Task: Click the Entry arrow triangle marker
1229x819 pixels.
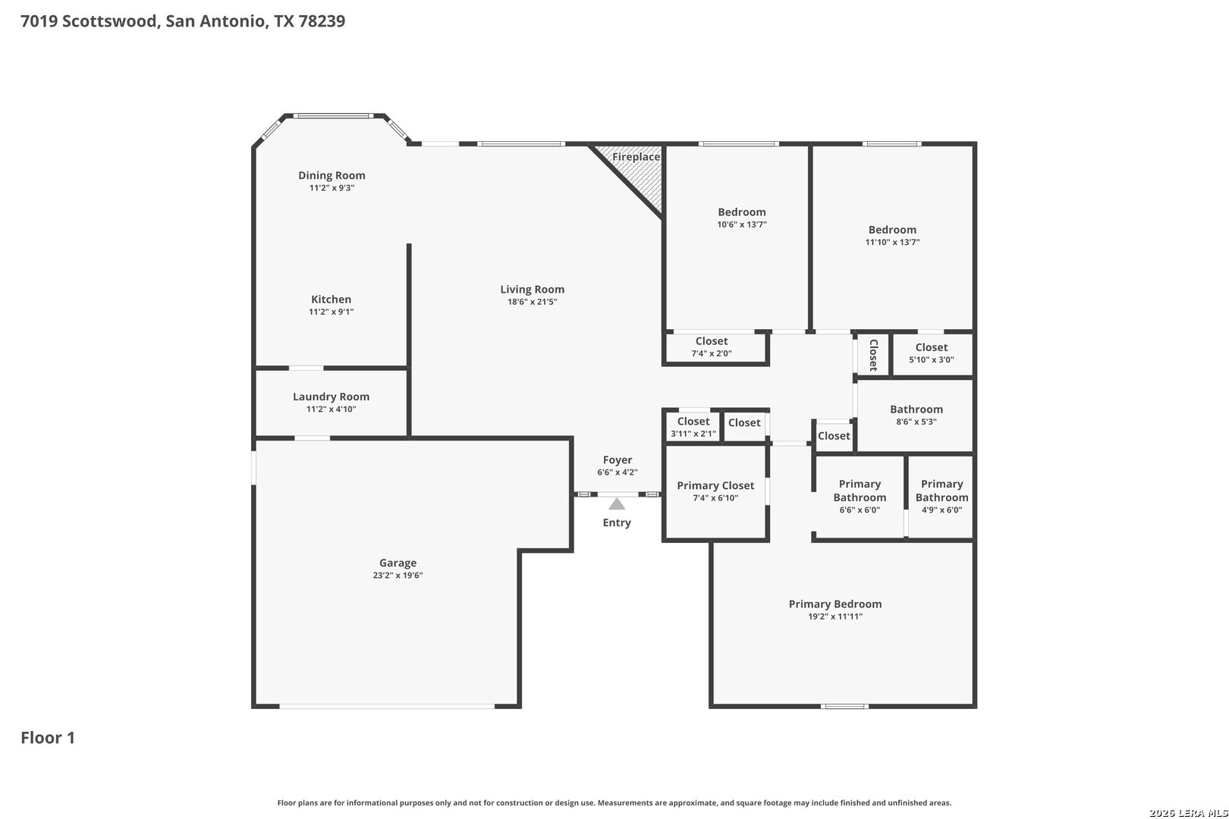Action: point(617,504)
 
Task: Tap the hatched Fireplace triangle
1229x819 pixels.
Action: point(640,170)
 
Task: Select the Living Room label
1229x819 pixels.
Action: point(533,289)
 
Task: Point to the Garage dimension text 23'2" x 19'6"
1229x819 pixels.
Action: point(398,576)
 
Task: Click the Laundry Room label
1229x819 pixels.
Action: point(331,397)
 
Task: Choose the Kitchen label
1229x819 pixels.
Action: point(331,300)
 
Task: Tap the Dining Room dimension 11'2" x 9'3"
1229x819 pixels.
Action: point(332,188)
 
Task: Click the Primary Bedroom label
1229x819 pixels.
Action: point(835,604)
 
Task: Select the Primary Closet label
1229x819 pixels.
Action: point(715,485)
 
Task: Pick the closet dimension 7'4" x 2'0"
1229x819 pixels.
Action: point(712,354)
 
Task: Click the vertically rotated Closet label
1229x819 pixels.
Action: point(873,355)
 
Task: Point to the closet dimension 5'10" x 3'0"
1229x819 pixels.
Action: point(932,360)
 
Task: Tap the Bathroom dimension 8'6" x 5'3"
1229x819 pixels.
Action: point(916,422)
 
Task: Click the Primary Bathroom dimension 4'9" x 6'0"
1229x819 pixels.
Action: point(942,510)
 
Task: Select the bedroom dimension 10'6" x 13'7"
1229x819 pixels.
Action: point(742,224)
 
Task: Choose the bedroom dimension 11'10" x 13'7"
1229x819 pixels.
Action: point(892,242)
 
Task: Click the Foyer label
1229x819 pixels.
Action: point(618,460)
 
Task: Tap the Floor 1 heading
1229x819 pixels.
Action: point(48,738)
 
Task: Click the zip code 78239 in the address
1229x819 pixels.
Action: point(322,20)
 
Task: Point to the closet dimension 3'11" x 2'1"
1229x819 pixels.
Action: point(693,434)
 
